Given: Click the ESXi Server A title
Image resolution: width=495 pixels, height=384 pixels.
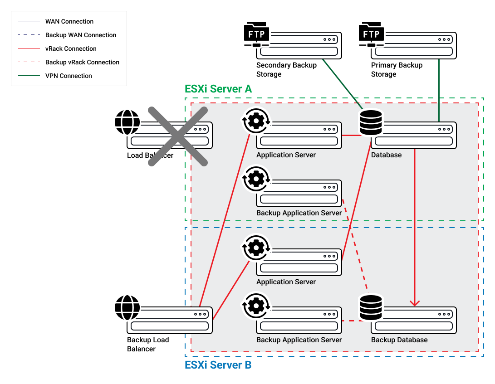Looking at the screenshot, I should tap(218, 89).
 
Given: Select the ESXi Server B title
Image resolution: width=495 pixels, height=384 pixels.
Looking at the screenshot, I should tap(218, 365).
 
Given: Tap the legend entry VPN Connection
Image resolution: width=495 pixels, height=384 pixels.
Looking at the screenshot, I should tap(69, 76).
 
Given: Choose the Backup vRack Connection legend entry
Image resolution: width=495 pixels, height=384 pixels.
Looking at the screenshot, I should tap(82, 62).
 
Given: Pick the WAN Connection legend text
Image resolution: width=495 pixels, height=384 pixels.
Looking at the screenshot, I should tap(69, 21).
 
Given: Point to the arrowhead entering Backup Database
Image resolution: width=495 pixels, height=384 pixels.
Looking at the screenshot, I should tap(415, 303).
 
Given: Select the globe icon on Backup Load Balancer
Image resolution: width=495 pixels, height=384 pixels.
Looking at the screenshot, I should tap(127, 307).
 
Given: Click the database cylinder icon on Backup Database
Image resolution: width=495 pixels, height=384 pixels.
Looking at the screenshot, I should tap(371, 307).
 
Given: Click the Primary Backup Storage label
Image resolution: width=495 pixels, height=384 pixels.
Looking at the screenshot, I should tap(397, 69).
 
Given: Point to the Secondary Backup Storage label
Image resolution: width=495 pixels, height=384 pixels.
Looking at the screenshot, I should tap(286, 69).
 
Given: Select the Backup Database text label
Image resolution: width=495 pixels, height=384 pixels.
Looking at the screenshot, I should tap(399, 340).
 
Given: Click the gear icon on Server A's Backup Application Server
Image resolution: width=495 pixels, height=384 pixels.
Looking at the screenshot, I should tap(257, 179).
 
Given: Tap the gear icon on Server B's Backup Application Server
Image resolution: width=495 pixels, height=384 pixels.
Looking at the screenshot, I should tap(257, 306).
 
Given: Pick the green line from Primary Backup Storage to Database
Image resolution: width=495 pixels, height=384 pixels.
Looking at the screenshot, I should tap(439, 91).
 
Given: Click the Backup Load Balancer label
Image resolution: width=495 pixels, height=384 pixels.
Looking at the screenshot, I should tap(148, 344).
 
